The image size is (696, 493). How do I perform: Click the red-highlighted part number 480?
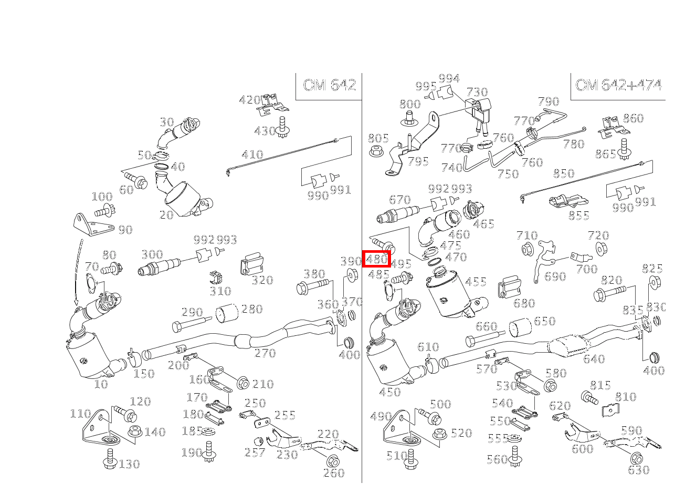click(x=376, y=259)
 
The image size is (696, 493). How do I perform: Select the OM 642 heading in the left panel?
click(x=329, y=85)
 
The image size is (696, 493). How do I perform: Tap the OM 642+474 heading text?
click(x=618, y=85)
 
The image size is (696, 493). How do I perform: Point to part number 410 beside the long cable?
click(x=252, y=155)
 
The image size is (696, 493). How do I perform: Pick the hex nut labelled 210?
click(x=242, y=383)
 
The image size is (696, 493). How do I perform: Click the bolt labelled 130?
click(x=110, y=458)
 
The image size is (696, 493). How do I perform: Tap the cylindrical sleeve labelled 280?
click(x=227, y=313)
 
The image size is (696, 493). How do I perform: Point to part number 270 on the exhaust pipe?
click(x=265, y=353)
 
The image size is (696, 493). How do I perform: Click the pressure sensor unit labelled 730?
click(x=479, y=110)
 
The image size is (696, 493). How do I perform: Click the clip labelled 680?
click(x=509, y=286)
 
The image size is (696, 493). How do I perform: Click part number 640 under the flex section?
click(x=594, y=360)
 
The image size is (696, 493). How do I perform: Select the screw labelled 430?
click(x=282, y=128)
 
